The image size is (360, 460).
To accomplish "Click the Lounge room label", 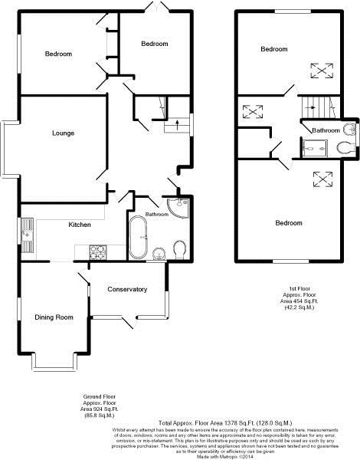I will [x=63, y=133].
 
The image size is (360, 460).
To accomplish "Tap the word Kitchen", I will [x=80, y=225].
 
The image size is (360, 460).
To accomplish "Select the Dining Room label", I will [x=54, y=317].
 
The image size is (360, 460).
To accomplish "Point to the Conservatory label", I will [x=127, y=288].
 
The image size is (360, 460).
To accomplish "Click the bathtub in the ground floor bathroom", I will [x=139, y=238].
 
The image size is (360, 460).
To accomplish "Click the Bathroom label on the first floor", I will [x=324, y=130].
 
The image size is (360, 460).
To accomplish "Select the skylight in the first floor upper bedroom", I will [x=320, y=70].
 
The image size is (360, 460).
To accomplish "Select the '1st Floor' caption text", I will [x=294, y=291].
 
